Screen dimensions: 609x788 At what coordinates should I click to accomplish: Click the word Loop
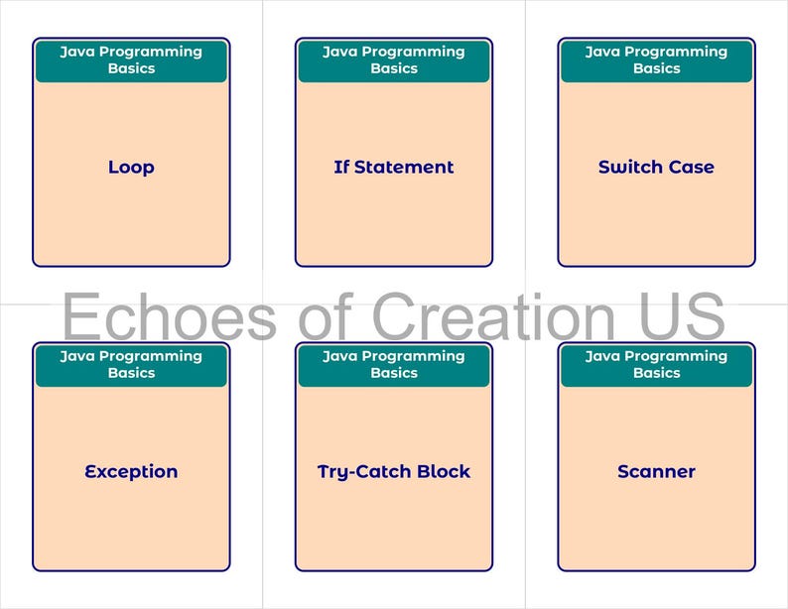tap(131, 168)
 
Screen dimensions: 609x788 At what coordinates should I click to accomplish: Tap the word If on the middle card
tap(341, 168)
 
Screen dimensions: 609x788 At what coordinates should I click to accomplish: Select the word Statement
tap(404, 168)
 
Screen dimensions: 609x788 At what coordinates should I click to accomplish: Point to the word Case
tap(692, 168)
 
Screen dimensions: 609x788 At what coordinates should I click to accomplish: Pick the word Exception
tap(131, 472)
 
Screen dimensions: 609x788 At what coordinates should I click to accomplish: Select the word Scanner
tap(656, 472)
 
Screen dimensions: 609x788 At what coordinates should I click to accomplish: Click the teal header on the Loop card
tap(131, 61)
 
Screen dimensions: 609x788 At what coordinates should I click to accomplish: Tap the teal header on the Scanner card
tap(656, 365)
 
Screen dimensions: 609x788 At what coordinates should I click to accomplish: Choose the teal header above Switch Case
tap(656, 61)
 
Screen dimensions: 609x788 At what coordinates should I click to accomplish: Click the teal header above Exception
tap(131, 365)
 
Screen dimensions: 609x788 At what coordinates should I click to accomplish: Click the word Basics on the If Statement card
tap(394, 69)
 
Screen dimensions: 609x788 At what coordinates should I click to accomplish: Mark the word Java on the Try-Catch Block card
tap(340, 356)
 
